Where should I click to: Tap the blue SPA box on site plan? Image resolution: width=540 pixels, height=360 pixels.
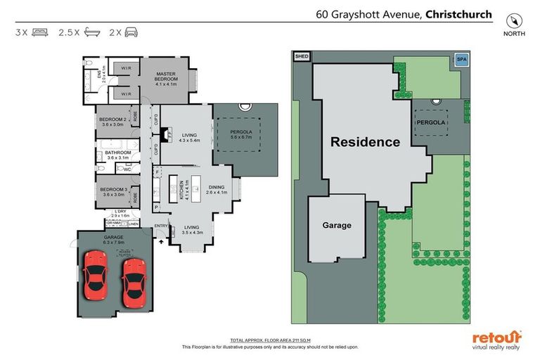coord(462,60)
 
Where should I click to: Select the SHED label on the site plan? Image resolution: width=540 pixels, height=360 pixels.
coord(301,57)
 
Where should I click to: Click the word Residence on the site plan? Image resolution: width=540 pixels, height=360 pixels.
coord(365,141)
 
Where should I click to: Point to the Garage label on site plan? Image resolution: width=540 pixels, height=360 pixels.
coord(337,225)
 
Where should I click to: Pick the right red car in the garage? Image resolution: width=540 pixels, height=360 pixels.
coord(133,281)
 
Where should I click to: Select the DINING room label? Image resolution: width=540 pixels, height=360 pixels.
coord(217,186)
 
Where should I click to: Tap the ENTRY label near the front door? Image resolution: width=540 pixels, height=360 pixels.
coord(160,226)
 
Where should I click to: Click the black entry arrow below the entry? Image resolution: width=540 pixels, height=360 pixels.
coord(162,240)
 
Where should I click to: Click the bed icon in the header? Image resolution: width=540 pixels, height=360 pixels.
coord(40,32)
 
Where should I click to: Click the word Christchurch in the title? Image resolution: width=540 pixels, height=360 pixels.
coord(458,13)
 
